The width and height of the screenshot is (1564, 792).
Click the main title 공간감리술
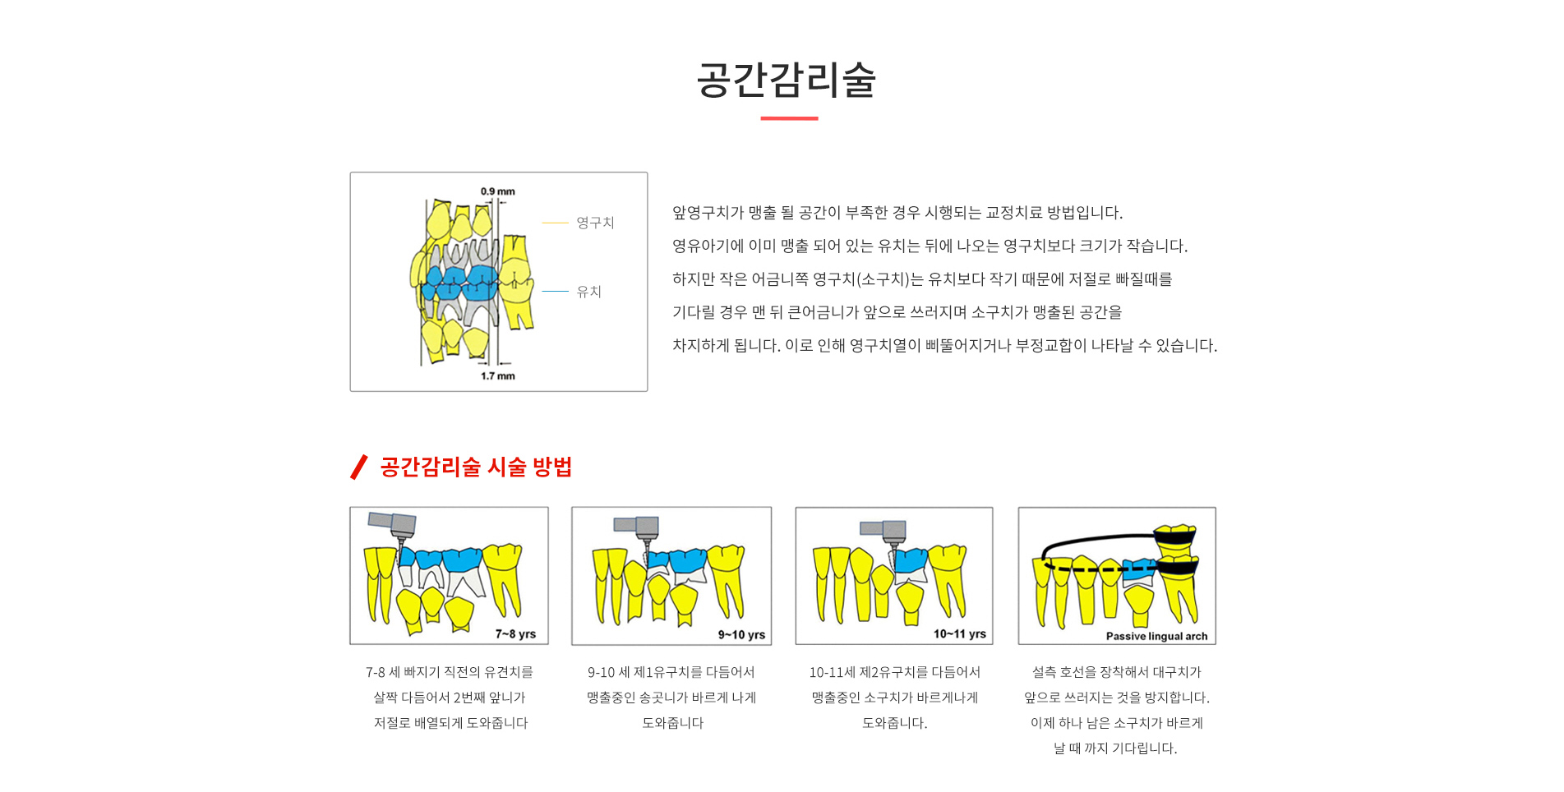pos(787,80)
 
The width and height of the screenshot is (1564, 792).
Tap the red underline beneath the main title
pos(789,118)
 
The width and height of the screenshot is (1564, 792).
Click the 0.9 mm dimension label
pos(498,191)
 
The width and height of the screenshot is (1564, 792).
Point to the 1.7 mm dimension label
pos(498,376)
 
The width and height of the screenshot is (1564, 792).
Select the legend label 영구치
pos(595,223)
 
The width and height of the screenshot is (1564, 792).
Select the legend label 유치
pos(588,292)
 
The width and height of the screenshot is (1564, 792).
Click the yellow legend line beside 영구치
pos(556,223)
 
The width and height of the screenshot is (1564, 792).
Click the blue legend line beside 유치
pos(556,292)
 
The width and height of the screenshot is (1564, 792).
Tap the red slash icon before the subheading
pos(358,467)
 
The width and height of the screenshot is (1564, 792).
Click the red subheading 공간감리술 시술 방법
pos(476,467)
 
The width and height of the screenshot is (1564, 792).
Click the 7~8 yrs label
pos(515,634)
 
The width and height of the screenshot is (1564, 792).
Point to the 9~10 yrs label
pos(741,635)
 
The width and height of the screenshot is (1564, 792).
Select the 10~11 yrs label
pos(960,634)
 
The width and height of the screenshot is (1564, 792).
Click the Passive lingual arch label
pos(1156,636)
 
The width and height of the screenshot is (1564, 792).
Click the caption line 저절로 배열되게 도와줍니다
pos(450,723)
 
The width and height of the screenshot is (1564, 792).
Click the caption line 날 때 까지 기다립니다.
pos(1115,748)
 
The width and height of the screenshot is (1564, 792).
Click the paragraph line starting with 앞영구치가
pos(897,213)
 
